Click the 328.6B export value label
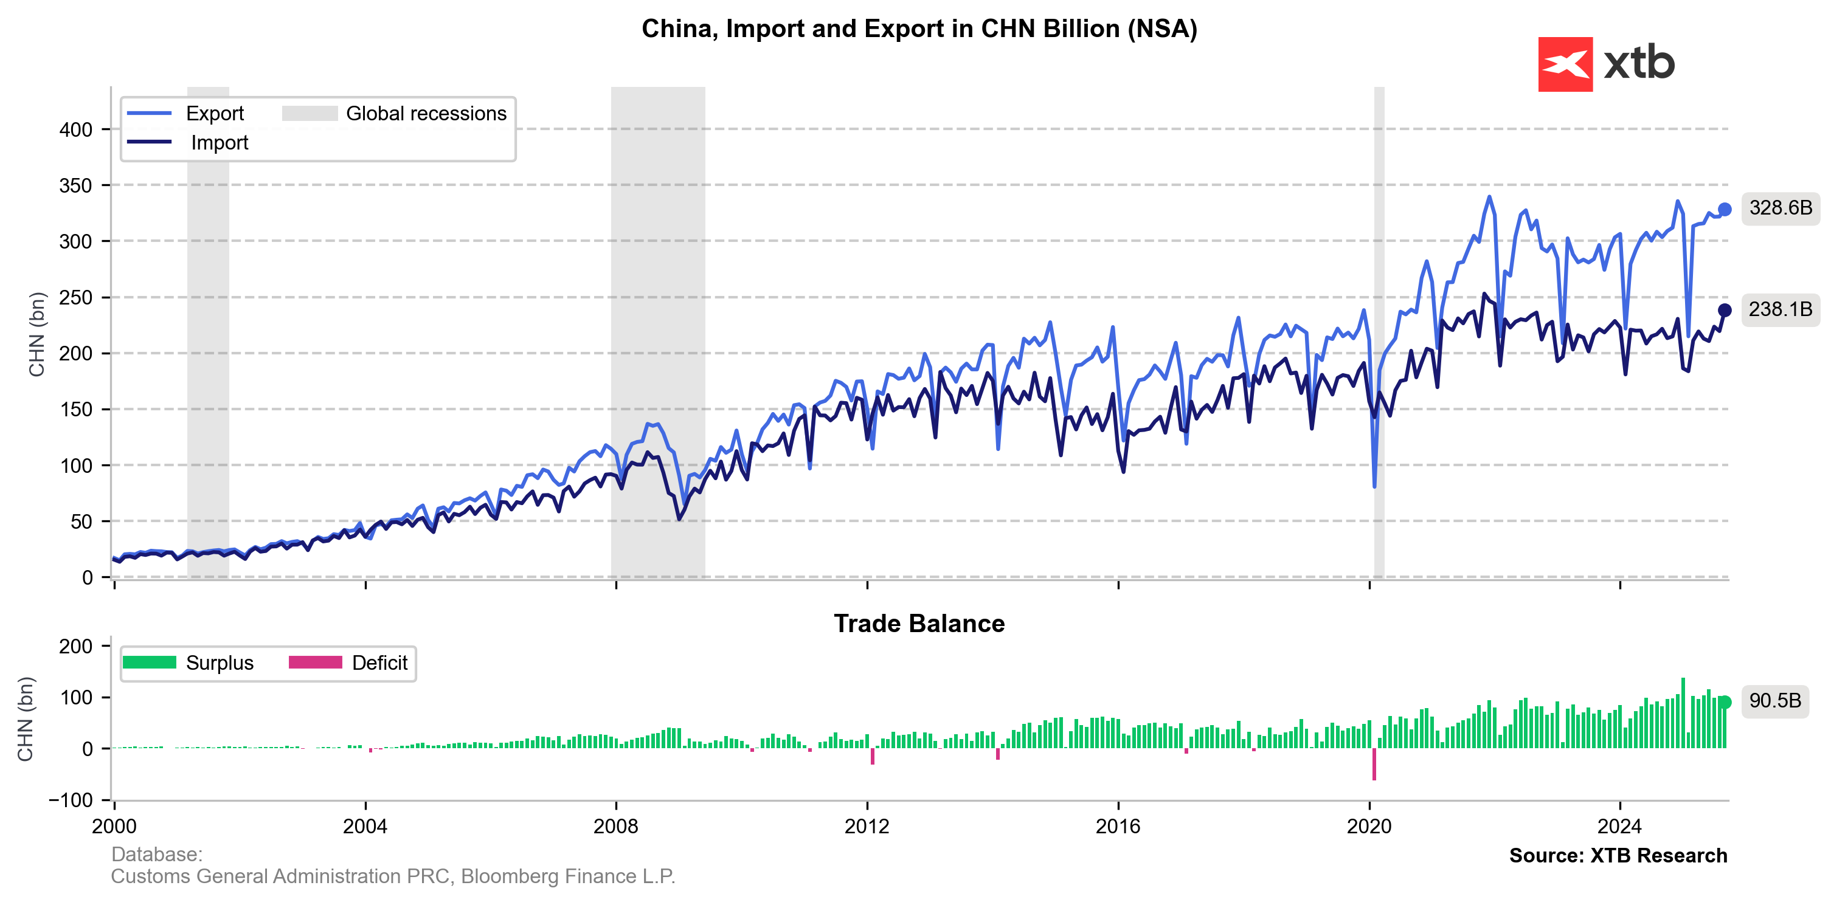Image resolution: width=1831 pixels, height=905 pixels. pos(1780,208)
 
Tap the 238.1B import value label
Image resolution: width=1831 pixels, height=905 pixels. pos(1780,310)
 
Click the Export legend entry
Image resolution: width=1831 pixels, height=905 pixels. pos(214,114)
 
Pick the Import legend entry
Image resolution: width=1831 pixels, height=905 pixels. pos(219,143)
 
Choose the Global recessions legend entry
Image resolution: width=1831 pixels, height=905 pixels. pos(425,114)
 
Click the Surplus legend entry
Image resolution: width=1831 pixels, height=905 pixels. pos(219,662)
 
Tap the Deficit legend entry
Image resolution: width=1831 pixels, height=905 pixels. pos(379,662)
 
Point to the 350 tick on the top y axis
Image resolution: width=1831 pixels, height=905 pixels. pos(76,185)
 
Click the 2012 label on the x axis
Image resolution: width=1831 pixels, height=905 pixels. pos(867,826)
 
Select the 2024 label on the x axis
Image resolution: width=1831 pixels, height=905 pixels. pos(1619,826)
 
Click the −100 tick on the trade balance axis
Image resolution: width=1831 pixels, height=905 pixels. pos(71,800)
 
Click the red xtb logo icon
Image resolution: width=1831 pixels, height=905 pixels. pos(1565,64)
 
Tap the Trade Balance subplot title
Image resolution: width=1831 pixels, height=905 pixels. pos(918,624)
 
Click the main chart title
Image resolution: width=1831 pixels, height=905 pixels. pos(918,29)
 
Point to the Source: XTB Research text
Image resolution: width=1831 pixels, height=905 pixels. pos(1618,855)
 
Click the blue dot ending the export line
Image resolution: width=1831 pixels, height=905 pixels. pos(1725,210)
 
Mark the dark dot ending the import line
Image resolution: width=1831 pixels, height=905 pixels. pos(1725,311)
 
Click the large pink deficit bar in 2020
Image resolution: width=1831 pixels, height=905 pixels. pos(1374,765)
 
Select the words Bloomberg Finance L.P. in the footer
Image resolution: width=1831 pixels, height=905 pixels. pos(567,876)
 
